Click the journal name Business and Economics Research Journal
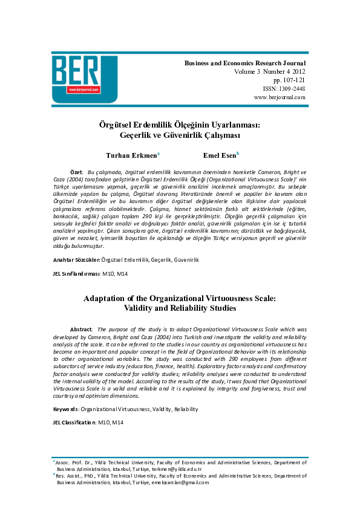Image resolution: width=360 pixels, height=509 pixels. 245,63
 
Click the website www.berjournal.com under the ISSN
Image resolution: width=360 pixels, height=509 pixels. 280,97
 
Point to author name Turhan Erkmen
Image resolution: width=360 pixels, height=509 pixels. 131,155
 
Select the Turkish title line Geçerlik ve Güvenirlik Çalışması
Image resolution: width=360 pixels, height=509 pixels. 180,135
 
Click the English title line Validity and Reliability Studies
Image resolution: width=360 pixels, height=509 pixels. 180,308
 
